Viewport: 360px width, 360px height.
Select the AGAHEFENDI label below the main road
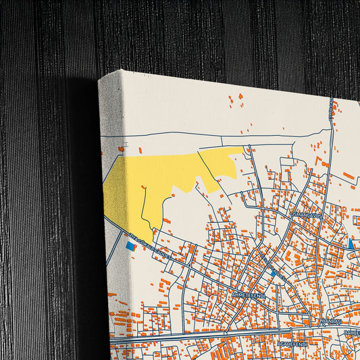(292, 344)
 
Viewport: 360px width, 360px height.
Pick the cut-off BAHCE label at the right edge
(352, 333)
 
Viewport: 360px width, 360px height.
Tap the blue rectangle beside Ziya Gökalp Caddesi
(130, 247)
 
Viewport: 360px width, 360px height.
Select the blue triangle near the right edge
(351, 244)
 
